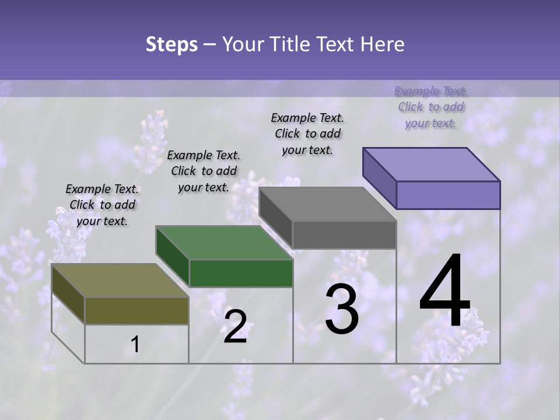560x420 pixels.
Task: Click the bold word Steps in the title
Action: point(171,44)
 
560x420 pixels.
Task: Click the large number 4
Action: point(444,292)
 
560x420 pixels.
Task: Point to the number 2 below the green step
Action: point(235,327)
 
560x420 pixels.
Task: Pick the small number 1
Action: point(135,344)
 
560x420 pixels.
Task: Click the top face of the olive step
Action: point(120,281)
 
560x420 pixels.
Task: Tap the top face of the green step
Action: point(224,243)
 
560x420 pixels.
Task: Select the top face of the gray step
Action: point(327,204)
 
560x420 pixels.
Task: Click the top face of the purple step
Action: point(431,164)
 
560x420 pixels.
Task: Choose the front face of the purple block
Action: point(448,195)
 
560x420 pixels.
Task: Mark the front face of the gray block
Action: point(344,235)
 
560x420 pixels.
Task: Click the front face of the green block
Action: point(241,273)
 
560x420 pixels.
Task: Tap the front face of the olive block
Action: point(136,310)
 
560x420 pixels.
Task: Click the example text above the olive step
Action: point(102,205)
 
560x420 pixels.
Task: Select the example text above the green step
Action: point(204,171)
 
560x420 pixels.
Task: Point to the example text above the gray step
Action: point(307,134)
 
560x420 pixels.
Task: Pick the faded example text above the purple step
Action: point(431,107)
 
